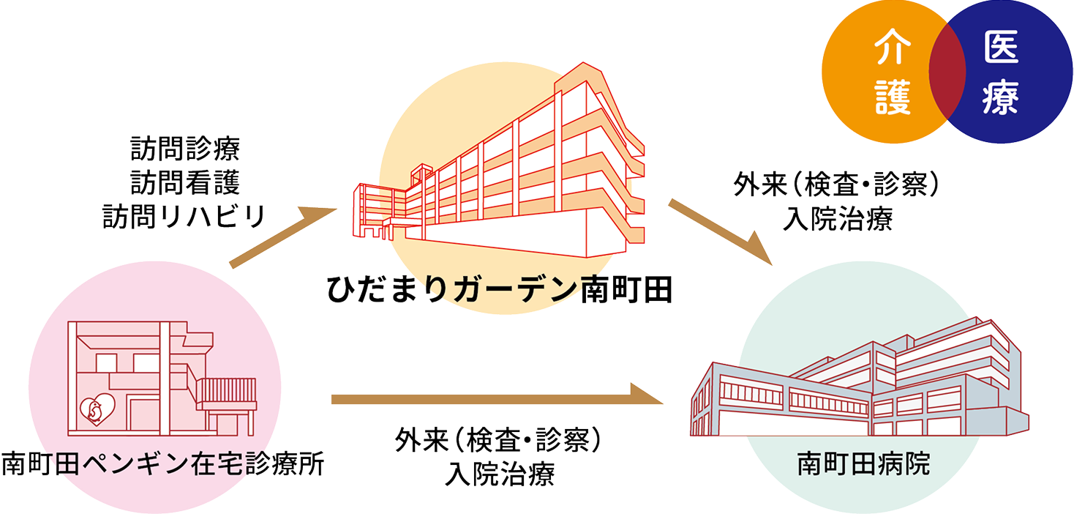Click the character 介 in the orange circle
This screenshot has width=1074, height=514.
click(893, 48)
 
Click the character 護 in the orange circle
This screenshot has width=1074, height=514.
click(893, 97)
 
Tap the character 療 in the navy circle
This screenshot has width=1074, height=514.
click(1001, 97)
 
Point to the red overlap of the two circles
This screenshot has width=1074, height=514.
click(947, 71)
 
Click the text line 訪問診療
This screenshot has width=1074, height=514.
click(185, 149)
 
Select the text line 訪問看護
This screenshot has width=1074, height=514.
click(185, 182)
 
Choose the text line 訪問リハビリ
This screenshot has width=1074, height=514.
click(184, 217)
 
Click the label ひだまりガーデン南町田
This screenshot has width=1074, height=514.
click(499, 290)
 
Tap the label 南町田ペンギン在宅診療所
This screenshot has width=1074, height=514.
click(163, 463)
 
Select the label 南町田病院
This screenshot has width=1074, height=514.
click(863, 463)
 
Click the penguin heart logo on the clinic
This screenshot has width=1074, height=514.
click(97, 409)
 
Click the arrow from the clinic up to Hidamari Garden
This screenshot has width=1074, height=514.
click(283, 236)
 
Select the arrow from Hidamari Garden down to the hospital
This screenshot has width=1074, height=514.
click(720, 231)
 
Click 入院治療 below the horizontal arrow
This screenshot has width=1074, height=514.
click(500, 474)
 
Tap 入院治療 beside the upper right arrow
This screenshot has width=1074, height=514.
click(838, 219)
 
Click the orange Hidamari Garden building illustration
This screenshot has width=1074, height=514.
click(499, 161)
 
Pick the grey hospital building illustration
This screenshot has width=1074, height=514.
click(859, 376)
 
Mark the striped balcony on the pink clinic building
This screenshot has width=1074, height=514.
click(226, 390)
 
